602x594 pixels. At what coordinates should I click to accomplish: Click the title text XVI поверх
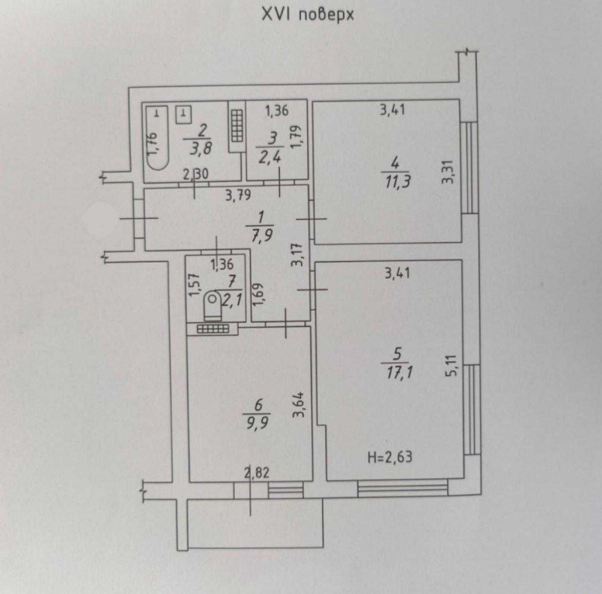(308, 16)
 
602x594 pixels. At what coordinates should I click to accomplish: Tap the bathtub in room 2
(157, 138)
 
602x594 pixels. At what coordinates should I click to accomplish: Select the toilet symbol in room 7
(213, 306)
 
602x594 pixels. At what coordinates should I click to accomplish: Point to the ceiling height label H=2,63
(390, 457)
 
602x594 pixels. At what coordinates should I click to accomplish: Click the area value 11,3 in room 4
(397, 181)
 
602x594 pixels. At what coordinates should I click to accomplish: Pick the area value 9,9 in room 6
(258, 424)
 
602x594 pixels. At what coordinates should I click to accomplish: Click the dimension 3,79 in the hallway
(238, 196)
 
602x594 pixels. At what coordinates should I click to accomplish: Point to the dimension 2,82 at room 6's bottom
(257, 473)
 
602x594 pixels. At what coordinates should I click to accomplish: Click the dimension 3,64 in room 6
(299, 404)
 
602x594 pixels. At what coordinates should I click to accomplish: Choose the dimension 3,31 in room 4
(448, 172)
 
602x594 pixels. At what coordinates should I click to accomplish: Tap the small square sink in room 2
(184, 114)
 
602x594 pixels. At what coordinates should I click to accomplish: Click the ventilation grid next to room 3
(237, 125)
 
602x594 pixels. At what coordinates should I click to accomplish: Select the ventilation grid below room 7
(213, 329)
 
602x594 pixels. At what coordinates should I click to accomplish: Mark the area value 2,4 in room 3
(270, 157)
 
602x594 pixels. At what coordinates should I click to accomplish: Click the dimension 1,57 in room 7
(194, 284)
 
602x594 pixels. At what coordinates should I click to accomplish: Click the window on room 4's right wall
(469, 168)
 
